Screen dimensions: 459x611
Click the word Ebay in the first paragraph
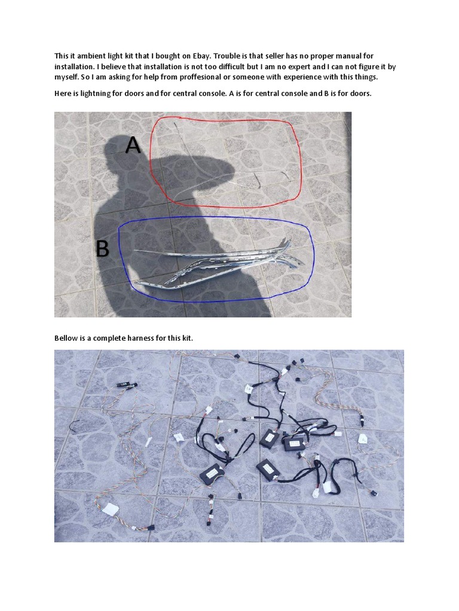202,56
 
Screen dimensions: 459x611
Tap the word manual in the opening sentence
346,55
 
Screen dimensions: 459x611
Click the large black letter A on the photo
133,145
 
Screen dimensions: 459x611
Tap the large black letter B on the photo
102,249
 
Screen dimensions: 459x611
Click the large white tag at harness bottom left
110,510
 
